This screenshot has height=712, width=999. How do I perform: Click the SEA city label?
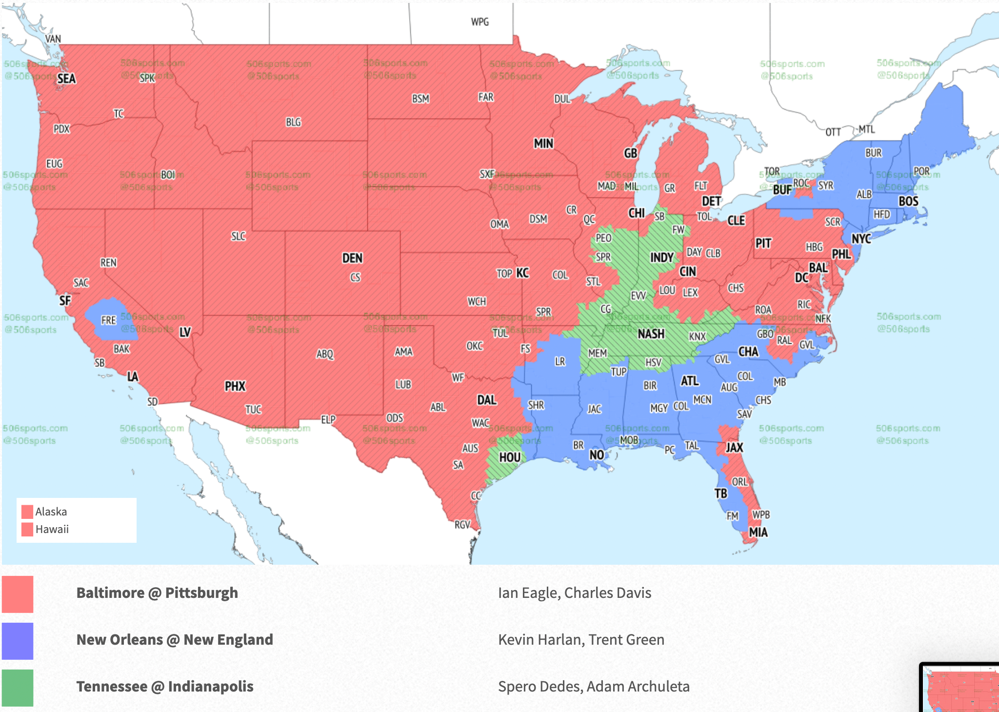coord(66,79)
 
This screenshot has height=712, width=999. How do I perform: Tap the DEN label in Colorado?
coord(352,258)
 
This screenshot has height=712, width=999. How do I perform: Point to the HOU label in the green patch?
coord(510,457)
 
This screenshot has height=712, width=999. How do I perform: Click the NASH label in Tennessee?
coord(651,334)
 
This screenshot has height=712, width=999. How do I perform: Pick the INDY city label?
coord(661,257)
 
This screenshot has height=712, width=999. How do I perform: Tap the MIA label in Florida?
coord(758,532)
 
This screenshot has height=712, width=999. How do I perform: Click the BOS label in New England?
coord(908,201)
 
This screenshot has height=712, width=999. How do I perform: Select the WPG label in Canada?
coord(480,22)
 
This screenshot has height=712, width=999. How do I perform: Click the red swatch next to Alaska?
coord(27,512)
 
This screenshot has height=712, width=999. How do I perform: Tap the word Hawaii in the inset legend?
coord(52,529)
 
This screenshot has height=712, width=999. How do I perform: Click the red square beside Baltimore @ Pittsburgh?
coord(18,594)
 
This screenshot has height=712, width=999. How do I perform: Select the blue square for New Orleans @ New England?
coord(18,641)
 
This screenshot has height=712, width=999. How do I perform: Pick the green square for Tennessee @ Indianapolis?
coord(18,688)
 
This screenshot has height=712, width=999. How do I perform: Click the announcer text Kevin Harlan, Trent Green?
coord(581,640)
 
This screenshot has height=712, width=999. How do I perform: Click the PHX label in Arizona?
coord(235,386)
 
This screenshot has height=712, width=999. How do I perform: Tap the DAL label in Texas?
coord(486,400)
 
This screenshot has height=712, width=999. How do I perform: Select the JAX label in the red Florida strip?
coord(734,447)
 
